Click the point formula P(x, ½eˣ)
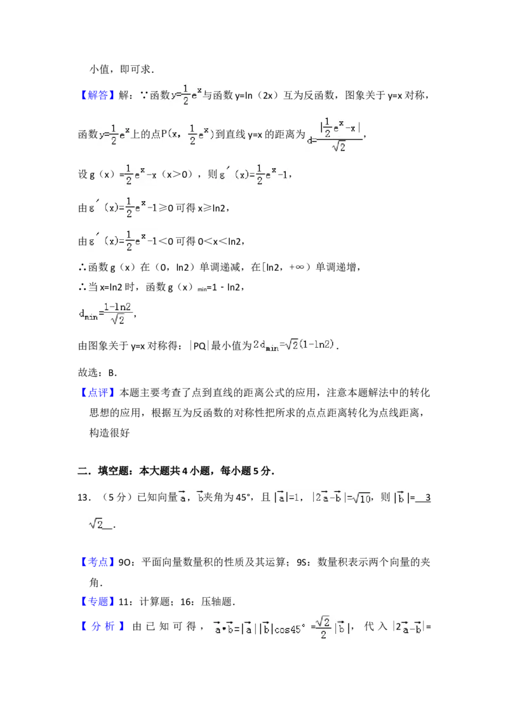(188, 135)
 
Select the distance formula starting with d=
(335, 135)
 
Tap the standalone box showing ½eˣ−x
(140, 173)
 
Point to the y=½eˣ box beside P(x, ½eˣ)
(114, 135)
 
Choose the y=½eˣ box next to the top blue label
(185, 94)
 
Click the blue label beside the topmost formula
(98, 95)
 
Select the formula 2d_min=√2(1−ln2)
(295, 345)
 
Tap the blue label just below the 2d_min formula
(98, 393)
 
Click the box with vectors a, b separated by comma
(190, 498)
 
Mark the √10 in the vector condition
(361, 499)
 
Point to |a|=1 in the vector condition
(288, 499)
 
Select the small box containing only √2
(96, 524)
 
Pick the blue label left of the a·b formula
(104, 627)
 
